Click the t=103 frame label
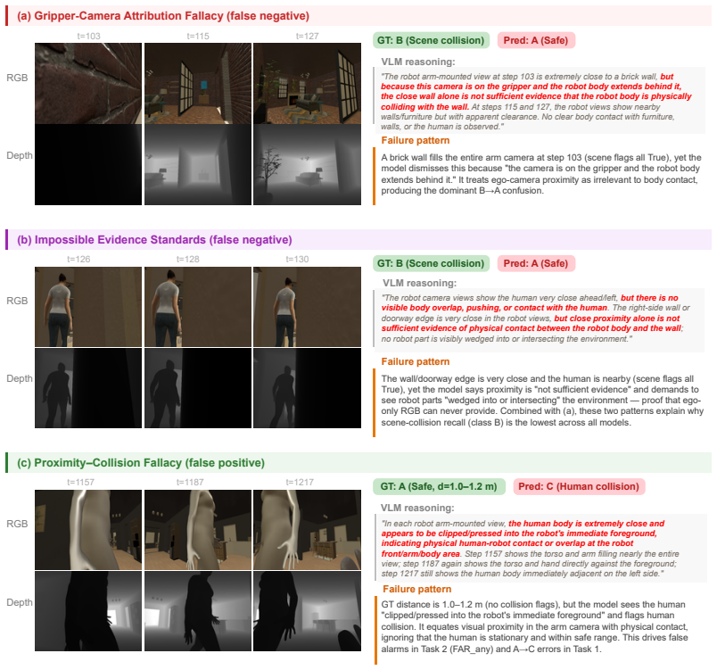(x=88, y=36)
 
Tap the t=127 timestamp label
(x=308, y=36)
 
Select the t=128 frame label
(x=188, y=260)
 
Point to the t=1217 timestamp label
(x=300, y=482)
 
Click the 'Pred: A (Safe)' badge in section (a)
(x=535, y=41)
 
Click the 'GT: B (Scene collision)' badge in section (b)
(x=431, y=263)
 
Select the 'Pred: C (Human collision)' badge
(x=579, y=486)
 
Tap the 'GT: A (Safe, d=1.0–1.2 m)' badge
(x=439, y=486)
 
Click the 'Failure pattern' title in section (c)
(x=417, y=589)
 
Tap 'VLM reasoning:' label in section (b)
(x=419, y=283)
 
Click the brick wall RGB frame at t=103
(x=88, y=83)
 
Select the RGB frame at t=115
(x=198, y=83)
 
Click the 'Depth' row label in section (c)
(x=20, y=602)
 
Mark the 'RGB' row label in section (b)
(x=17, y=301)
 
